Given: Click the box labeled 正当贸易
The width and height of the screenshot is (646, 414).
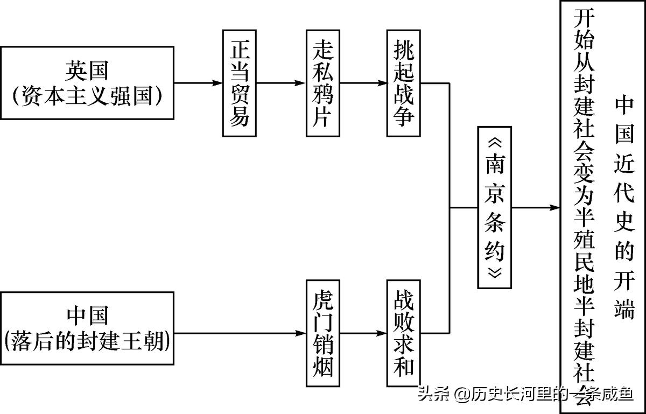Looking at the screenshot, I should tap(239, 83).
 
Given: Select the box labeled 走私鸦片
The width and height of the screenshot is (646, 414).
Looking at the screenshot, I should tap(322, 83).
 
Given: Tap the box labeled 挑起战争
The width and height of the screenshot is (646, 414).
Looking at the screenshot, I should tap(403, 83).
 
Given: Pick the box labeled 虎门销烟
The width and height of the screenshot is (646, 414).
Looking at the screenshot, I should tap(322, 333).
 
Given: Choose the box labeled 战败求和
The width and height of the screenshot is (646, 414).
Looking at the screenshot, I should tap(403, 333).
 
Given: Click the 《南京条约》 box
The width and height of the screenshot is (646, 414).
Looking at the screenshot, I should tap(494, 207).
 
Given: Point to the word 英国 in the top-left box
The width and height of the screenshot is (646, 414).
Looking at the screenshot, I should tap(87, 69).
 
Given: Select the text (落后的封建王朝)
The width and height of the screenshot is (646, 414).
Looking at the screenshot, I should tap(87, 341).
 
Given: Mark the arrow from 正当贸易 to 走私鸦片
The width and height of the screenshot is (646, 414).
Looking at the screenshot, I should tap(280, 83).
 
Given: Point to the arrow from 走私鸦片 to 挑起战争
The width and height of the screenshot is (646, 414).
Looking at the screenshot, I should tap(363, 83).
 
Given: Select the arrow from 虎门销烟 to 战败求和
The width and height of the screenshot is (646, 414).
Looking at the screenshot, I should tap(363, 333).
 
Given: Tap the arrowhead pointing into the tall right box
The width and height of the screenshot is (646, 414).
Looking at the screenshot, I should tap(554, 207).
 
